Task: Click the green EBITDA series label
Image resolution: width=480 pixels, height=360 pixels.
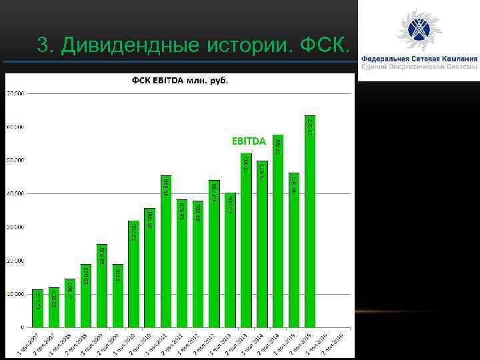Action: (x=249, y=141)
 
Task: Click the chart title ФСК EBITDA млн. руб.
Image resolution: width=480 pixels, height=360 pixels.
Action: (x=179, y=81)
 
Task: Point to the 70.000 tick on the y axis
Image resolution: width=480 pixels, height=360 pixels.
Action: (x=15, y=93)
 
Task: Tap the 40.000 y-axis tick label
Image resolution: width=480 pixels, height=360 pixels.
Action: (x=15, y=193)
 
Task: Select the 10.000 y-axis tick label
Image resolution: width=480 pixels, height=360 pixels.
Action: (x=15, y=294)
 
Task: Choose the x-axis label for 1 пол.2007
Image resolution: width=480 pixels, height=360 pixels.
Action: (x=29, y=343)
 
